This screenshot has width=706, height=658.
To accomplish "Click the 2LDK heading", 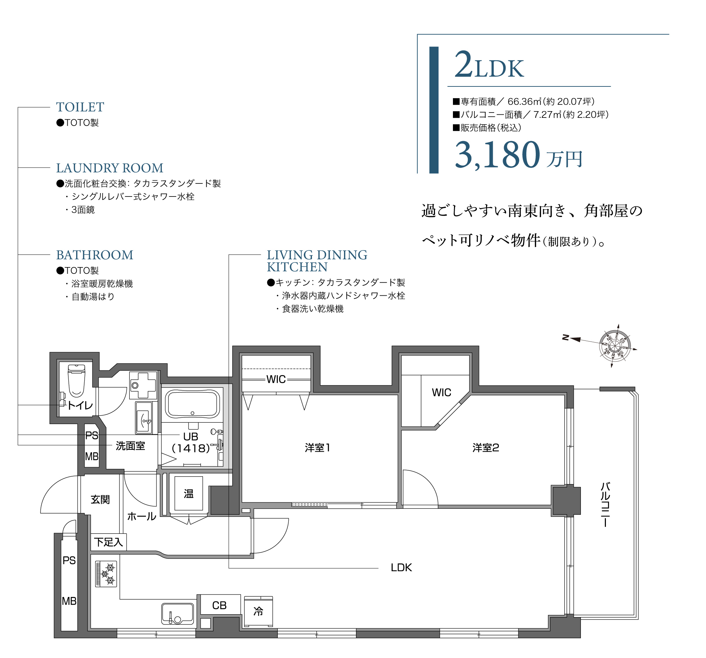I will click(x=489, y=65).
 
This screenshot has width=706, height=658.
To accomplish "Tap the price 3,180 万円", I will click(x=518, y=155).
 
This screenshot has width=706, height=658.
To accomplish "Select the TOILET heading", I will click(x=80, y=107).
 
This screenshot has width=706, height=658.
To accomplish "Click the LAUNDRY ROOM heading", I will click(x=110, y=168).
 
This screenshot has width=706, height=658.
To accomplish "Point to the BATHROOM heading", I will click(x=94, y=255).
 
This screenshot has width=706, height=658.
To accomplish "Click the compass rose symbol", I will click(x=614, y=345).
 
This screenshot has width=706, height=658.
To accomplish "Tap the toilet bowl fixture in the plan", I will click(x=76, y=380).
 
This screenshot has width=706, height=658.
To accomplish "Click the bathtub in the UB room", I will click(x=192, y=404).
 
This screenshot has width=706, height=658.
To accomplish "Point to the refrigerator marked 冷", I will click(x=258, y=611).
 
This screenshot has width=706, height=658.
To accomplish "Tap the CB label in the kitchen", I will click(x=219, y=605).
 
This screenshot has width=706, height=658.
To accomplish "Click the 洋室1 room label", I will click(x=318, y=448).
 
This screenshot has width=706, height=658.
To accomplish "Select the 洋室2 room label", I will click(x=485, y=448).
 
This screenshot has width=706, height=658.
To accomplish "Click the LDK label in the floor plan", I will click(x=401, y=568).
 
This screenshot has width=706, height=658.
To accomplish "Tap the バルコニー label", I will click(x=605, y=505).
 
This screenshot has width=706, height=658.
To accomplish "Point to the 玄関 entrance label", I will click(x=100, y=500).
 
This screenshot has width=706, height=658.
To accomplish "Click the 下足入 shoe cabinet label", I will click(x=108, y=542).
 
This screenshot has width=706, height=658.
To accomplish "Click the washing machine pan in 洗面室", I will click(x=143, y=385).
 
